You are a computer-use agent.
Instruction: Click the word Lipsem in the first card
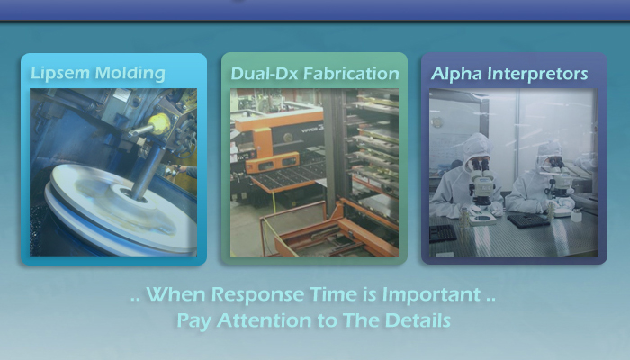[x=60, y=74]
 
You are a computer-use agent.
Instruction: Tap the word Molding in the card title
[x=130, y=74]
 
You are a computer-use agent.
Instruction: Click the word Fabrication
[x=351, y=74]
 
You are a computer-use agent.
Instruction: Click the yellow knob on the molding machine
[x=158, y=122]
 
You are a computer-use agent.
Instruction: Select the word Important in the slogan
[x=431, y=294]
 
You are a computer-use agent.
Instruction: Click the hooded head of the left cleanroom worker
[x=477, y=150]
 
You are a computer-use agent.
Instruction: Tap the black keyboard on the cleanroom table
[x=443, y=233]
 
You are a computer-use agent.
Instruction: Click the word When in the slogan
[x=176, y=294]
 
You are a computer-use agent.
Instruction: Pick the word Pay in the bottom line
[x=194, y=321]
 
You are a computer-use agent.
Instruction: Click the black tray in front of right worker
[x=528, y=220]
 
